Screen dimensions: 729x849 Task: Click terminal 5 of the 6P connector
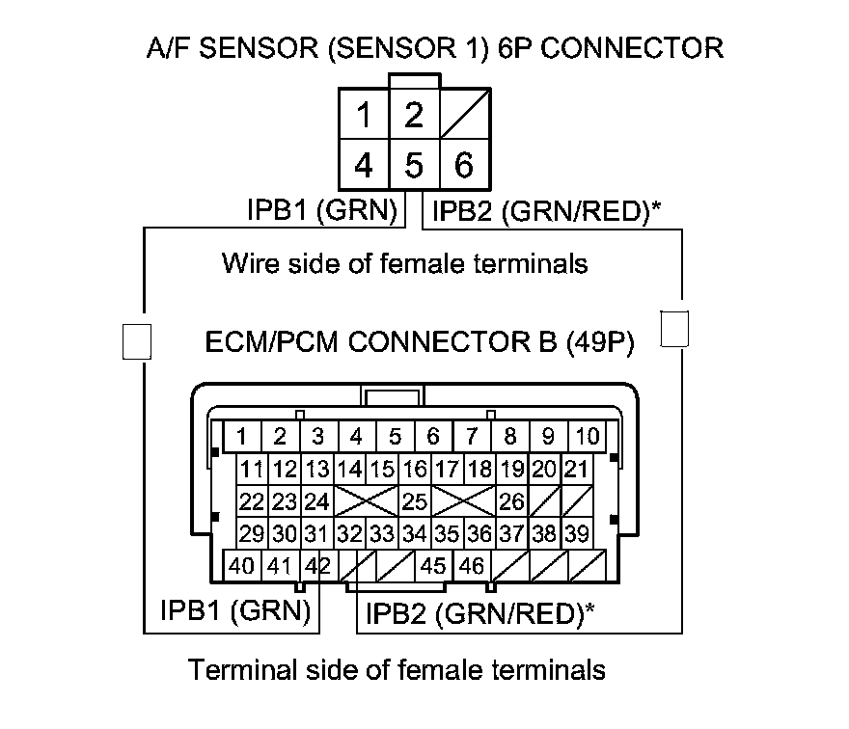pos(414,165)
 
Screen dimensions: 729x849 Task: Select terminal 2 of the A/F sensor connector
pos(414,116)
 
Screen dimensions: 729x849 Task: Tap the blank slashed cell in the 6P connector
pos(464,116)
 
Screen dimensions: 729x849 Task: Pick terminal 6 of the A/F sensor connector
pos(464,165)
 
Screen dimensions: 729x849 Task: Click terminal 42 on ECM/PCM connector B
pos(317,565)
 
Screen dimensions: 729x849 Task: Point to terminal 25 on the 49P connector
pos(415,501)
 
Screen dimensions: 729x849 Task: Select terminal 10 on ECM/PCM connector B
pos(588,437)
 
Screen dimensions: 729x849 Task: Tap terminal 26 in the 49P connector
pos(512,501)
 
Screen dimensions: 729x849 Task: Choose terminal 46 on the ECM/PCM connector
pos(472,565)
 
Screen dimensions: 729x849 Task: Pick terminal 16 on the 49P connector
pos(415,470)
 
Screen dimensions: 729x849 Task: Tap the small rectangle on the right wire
pos(674,328)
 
